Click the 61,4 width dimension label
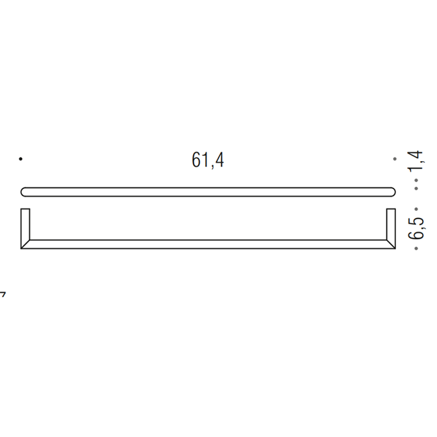[208, 160]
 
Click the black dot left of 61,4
[21, 160]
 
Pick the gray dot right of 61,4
[395, 160]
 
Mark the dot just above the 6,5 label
[417, 204]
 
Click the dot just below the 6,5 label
[417, 248]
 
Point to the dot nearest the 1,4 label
[417, 186]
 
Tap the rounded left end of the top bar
[24, 192]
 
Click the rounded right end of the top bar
[392, 192]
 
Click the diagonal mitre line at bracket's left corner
[26, 244]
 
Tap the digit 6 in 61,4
[196, 160]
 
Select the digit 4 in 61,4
[219, 160]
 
